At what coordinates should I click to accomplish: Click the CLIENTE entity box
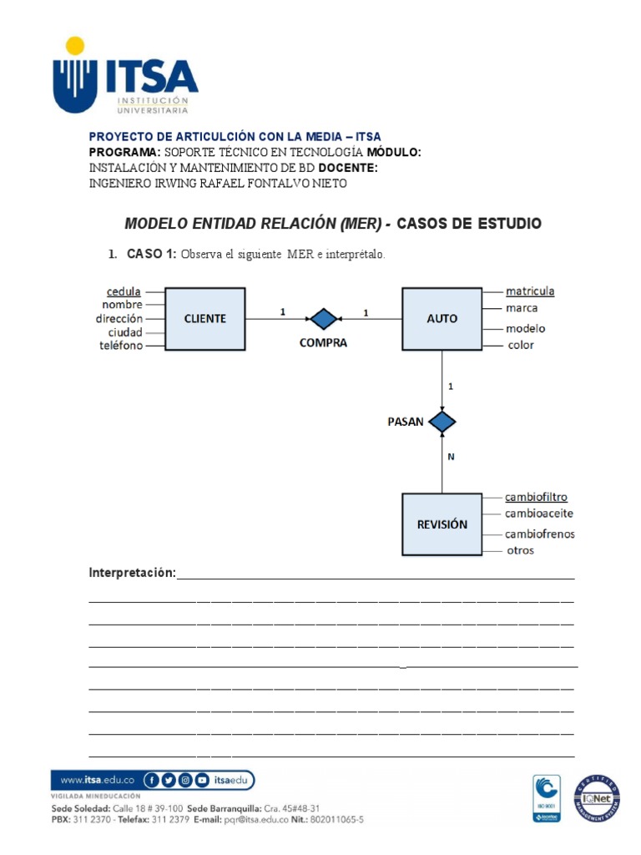pos(204,318)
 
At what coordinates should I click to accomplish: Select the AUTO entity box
pos(442,318)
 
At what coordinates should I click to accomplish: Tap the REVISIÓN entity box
pos(442,524)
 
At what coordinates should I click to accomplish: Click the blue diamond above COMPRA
pos(323,318)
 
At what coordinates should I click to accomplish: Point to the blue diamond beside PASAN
pos(442,422)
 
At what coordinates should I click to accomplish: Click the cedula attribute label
pos(124,291)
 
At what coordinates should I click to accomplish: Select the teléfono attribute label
pos(121,345)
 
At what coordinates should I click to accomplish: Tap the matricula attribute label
pos(530,291)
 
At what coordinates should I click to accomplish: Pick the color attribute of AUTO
pos(520,345)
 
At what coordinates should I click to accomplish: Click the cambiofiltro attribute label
pos(536,498)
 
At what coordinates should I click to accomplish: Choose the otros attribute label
pos(520,550)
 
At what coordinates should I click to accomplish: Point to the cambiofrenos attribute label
pos(539,534)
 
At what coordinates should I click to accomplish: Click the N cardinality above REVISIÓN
pos(451,457)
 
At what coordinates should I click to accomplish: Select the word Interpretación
pos(132,573)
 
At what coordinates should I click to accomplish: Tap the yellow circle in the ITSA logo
pos(75,46)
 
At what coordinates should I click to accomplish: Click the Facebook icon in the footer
pos(152,781)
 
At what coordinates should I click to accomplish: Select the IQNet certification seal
pos(596,798)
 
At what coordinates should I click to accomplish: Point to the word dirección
pos(119,318)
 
